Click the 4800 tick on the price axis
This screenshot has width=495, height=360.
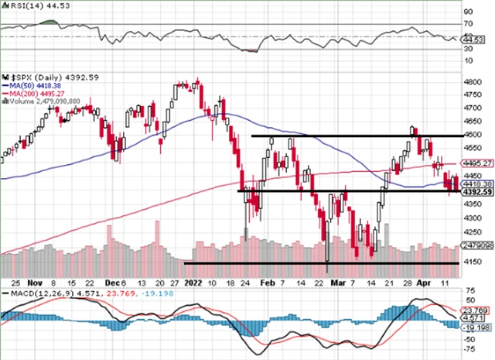[471, 81]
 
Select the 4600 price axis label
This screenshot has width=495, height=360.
[471, 135]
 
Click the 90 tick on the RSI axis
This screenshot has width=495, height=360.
[467, 13]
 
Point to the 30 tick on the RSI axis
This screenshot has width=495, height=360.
[467, 48]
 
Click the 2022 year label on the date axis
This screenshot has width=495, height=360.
[194, 283]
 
